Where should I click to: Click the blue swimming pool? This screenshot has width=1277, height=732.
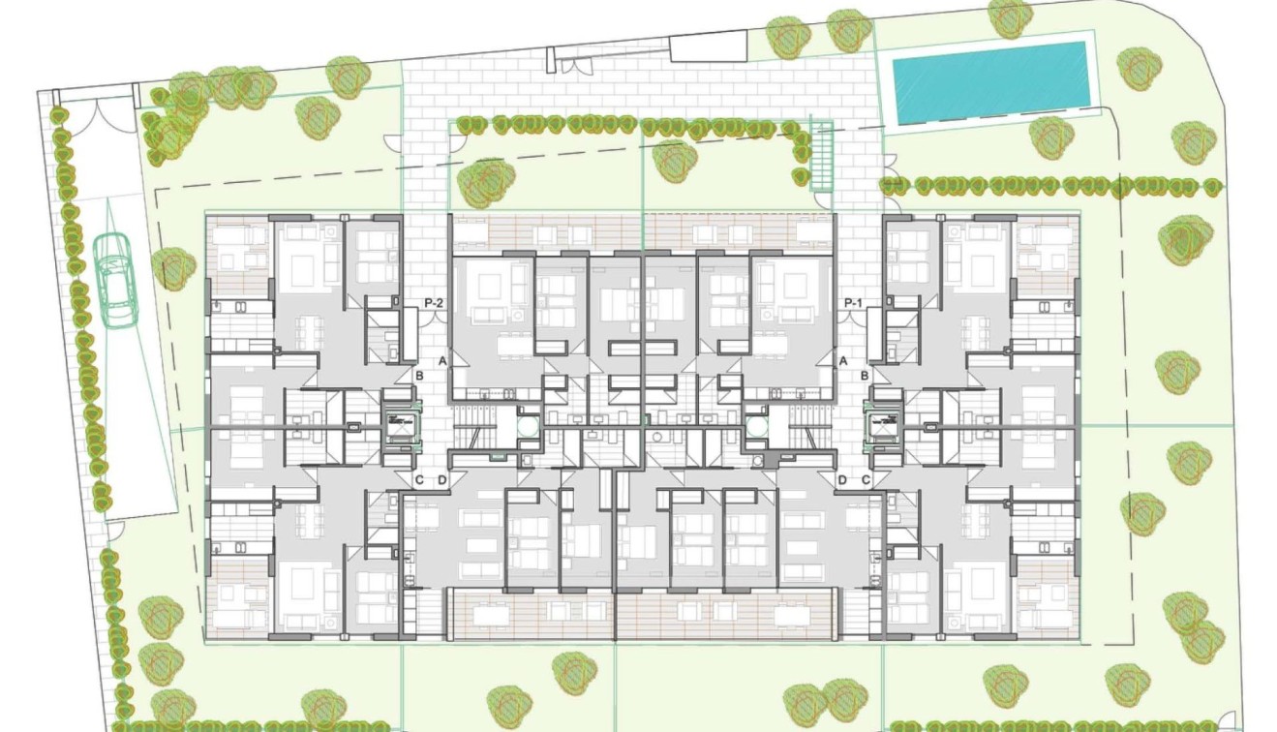990,81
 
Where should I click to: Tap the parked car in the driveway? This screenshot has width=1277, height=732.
116,280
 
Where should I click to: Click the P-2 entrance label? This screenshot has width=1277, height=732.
434,303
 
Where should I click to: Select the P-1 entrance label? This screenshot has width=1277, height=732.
853,303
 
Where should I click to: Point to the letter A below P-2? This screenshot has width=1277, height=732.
441,360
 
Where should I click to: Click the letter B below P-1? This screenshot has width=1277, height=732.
865,374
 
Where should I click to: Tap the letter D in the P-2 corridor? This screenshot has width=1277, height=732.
441,479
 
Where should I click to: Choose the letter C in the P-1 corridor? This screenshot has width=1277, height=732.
866,479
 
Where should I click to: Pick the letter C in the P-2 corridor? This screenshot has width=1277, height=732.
419,479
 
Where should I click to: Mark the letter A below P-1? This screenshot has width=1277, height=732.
842,360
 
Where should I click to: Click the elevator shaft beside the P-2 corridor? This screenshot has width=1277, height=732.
398,424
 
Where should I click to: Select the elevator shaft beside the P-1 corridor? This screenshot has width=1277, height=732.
886,424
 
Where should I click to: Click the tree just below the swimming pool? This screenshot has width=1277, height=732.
1051,137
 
